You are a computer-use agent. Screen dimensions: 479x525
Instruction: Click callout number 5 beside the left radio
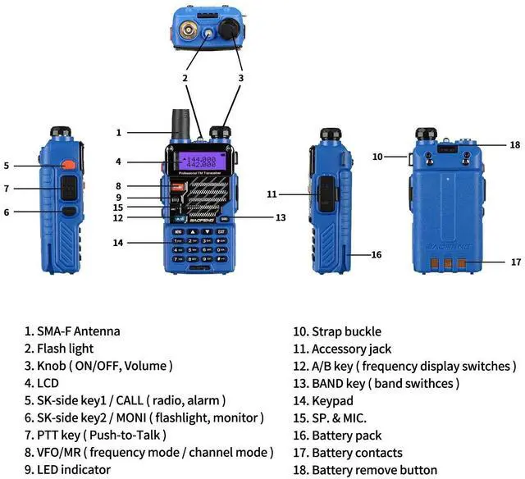pyautogui.click(x=6, y=165)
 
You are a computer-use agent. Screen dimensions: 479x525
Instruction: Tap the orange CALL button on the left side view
pyautogui.click(x=67, y=165)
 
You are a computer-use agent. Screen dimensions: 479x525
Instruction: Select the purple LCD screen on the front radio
pyautogui.click(x=199, y=162)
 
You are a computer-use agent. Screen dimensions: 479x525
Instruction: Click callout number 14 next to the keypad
pyautogui.click(x=119, y=243)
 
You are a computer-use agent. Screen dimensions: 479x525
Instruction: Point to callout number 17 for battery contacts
pyautogui.click(x=516, y=262)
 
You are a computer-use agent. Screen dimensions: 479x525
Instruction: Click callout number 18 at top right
pyautogui.click(x=515, y=145)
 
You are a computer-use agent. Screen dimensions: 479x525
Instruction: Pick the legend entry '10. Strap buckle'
pyautogui.click(x=337, y=331)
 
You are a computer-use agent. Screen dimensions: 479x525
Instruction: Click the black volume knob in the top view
pyautogui.click(x=231, y=30)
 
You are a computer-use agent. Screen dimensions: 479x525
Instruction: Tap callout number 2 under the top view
pyautogui.click(x=185, y=78)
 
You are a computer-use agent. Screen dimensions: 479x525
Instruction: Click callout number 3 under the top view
pyautogui.click(x=241, y=78)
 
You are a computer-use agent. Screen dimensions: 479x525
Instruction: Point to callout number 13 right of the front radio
pyautogui.click(x=281, y=217)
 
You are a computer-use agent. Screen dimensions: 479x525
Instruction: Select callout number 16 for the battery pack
pyautogui.click(x=377, y=255)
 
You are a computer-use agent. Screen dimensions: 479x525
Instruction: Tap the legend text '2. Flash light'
pyautogui.click(x=65, y=349)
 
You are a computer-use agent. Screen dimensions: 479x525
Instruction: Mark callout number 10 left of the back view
pyautogui.click(x=377, y=156)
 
